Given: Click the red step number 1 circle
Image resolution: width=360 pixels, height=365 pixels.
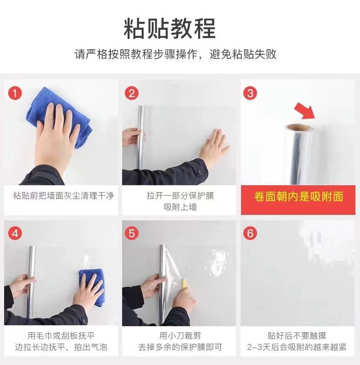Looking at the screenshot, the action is coord(15,93).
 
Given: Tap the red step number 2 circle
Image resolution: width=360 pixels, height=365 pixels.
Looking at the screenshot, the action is coord(132,93).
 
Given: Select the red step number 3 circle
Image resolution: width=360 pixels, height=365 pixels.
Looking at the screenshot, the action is coord(250,93).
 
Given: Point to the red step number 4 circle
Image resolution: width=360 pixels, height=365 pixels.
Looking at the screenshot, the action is coord(15,233).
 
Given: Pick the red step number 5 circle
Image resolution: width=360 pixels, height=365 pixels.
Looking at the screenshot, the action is coord(132,233).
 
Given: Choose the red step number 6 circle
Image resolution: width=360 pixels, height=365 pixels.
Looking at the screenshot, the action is coord(250,233).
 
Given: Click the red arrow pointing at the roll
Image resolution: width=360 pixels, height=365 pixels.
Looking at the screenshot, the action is coord(305,111).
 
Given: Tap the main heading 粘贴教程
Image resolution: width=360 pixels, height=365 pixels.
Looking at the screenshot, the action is coord(170,28).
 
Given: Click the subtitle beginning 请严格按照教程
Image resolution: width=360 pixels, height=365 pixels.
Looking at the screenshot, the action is coord(175,54).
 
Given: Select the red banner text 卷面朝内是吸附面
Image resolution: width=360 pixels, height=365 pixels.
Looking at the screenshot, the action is coord(298,196).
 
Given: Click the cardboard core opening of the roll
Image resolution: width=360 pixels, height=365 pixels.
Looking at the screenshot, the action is coord(299,127).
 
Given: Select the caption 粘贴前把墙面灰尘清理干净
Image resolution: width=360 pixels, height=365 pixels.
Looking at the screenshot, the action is coord(63,196).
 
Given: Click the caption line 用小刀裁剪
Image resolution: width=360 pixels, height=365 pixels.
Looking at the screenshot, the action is coord(180,336).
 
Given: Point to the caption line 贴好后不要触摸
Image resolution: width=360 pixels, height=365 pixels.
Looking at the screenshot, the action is coord(297,336).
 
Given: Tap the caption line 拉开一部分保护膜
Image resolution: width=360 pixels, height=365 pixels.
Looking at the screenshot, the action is coord(180,196).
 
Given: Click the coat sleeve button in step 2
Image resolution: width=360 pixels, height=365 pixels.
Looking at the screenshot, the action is coord(199,172).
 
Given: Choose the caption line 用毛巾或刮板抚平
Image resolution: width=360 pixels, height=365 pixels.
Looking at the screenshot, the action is coord(61,336).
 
